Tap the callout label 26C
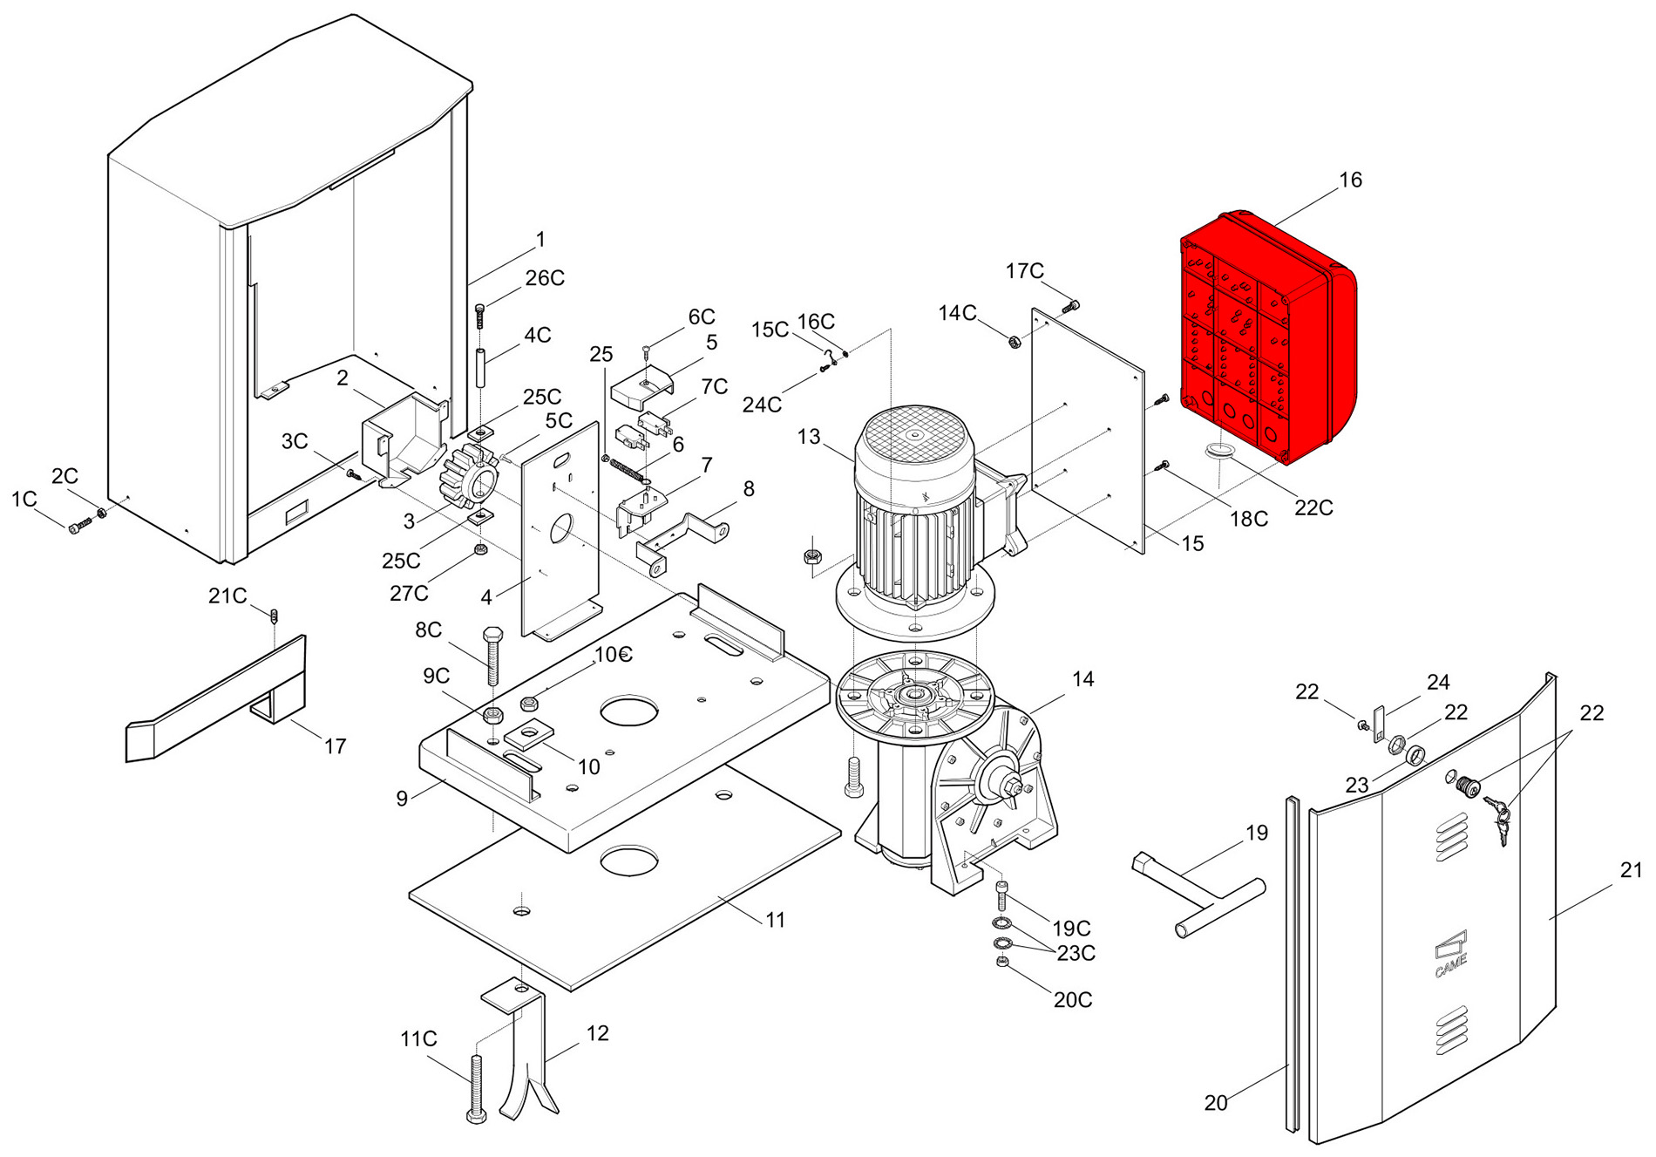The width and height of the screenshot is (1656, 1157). coord(545,278)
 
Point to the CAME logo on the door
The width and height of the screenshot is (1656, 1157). coord(1450,955)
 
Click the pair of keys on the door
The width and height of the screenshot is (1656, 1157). coord(1501,820)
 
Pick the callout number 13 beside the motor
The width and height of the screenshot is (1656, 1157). coord(808,437)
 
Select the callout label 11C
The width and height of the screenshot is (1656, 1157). coord(418,1039)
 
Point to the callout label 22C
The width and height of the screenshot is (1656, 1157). coord(1313,507)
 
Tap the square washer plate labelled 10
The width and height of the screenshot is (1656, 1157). coord(529,734)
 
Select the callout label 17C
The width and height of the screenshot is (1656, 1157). coord(1024,271)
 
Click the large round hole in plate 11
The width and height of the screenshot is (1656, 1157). coord(628,860)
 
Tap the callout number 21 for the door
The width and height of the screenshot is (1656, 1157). coord(1631,870)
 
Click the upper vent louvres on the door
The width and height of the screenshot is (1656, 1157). coord(1451,836)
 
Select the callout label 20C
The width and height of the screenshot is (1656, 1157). coord(1072,1000)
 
